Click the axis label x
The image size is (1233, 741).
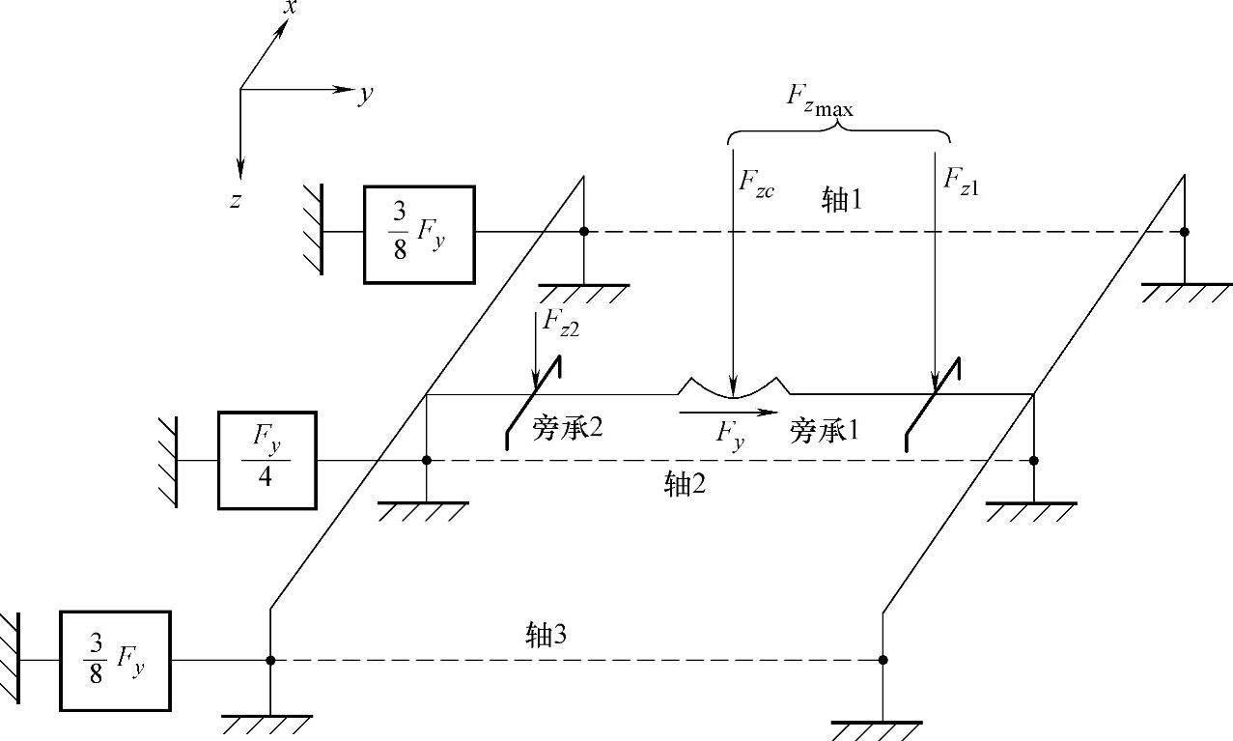point(289,8)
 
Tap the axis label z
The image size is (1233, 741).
point(235,200)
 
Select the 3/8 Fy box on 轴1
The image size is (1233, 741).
point(419,234)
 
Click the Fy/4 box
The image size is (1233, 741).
point(266,460)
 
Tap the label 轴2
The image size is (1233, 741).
point(685,484)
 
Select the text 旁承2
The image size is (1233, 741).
point(567,428)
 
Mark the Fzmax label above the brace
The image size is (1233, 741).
point(819,99)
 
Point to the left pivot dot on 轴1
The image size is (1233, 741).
point(584,232)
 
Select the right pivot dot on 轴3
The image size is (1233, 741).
point(883,660)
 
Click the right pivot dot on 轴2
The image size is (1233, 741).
point(1034,461)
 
